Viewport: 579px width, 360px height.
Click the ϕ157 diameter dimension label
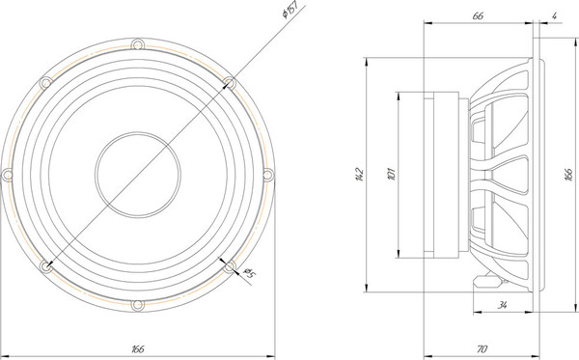pyautogui.click(x=289, y=10)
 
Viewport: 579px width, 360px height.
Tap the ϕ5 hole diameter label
pyautogui.click(x=250, y=273)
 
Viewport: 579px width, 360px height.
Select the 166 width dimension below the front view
pyautogui.click(x=137, y=348)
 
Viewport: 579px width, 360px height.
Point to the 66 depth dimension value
pyautogui.click(x=478, y=15)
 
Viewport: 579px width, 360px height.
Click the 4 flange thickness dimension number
pyautogui.click(x=554, y=15)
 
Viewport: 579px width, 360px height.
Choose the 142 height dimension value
pyautogui.click(x=359, y=175)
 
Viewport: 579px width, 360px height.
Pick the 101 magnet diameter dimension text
pyautogui.click(x=391, y=174)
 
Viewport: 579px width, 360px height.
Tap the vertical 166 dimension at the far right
pyautogui.click(x=569, y=174)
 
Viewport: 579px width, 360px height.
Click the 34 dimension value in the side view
pyautogui.click(x=502, y=305)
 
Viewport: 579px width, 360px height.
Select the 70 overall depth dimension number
pyautogui.click(x=482, y=348)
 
